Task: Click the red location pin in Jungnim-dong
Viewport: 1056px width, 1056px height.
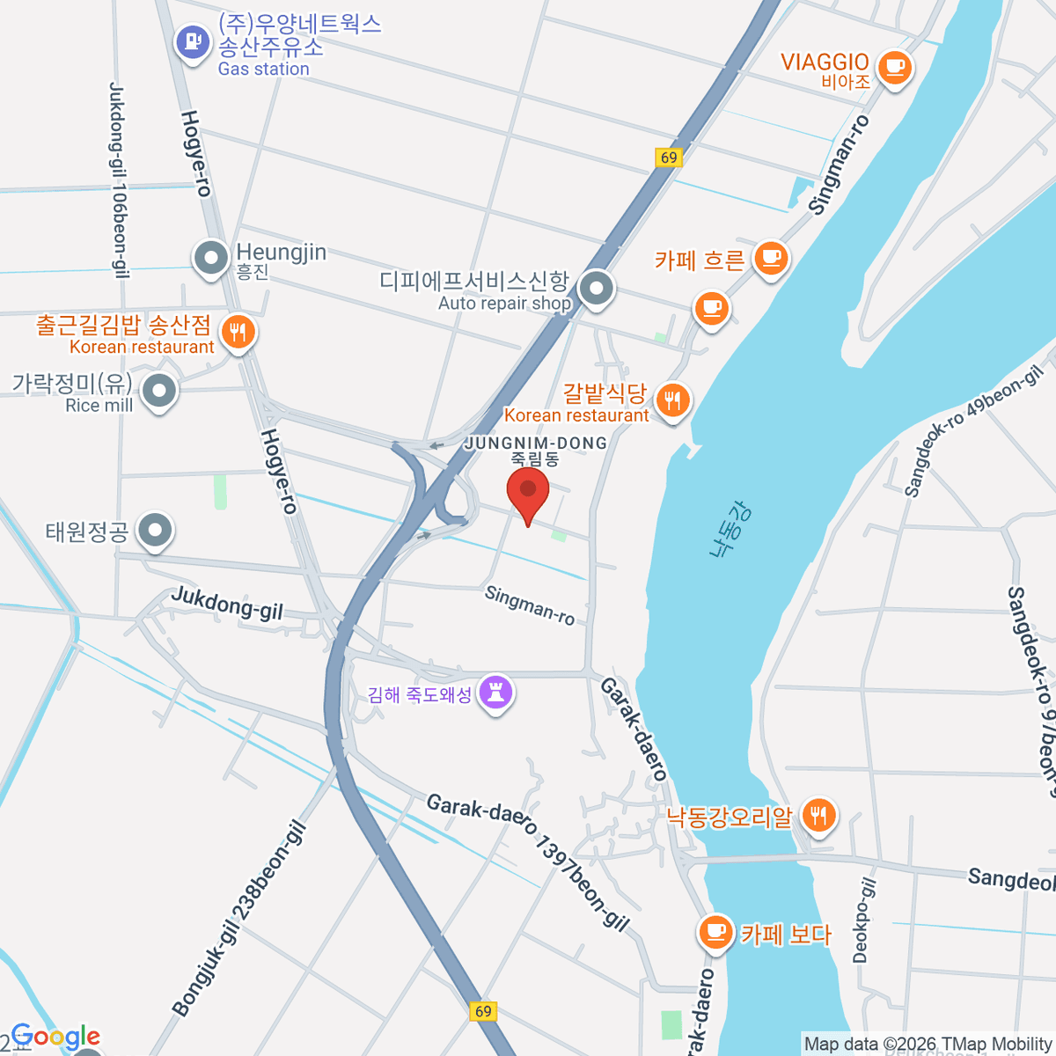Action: click(528, 494)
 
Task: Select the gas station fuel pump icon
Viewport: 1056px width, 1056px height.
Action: click(193, 40)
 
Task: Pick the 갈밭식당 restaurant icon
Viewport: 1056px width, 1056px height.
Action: click(672, 401)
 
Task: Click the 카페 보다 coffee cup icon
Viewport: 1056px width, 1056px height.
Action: click(715, 931)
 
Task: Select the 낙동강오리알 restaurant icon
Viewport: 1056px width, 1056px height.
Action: click(818, 815)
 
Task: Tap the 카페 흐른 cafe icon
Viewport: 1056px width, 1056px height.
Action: click(771, 258)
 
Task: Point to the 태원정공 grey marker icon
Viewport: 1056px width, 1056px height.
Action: click(156, 530)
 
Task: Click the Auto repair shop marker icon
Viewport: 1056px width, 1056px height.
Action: click(597, 288)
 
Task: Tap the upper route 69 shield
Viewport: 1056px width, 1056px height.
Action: click(669, 158)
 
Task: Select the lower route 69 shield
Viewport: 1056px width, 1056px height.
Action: click(483, 1011)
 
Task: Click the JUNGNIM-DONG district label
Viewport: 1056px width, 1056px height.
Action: click(536, 443)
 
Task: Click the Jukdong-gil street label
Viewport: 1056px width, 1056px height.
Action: click(227, 603)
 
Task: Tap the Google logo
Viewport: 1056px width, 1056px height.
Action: click(55, 1037)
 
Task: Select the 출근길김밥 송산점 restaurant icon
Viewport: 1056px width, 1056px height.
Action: click(237, 332)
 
